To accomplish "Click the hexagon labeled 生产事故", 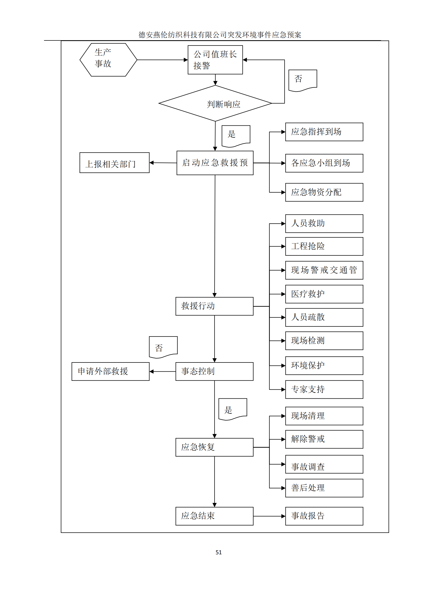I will tap(108, 60).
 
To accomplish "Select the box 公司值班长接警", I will tap(215, 60).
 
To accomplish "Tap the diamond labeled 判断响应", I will tap(215, 103).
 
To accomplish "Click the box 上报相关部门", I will tap(114, 163).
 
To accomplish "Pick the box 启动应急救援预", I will tap(215, 163).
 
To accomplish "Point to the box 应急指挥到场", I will tap(324, 132).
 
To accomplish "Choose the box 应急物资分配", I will tap(324, 192).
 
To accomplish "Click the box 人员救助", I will tap(324, 223).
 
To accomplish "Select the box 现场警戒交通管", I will tap(324, 270).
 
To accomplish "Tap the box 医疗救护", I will tap(324, 294).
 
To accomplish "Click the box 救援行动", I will tap(214, 306).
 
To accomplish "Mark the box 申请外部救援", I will tap(110, 371).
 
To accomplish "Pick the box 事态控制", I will tap(214, 371).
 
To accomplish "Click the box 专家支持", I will tap(324, 389).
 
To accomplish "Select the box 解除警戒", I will tap(324, 439).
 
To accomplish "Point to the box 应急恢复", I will tap(214, 447).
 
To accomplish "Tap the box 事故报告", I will tap(324, 516).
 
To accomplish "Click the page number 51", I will tap(219, 553).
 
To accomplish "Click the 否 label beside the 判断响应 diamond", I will tap(303, 80).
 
